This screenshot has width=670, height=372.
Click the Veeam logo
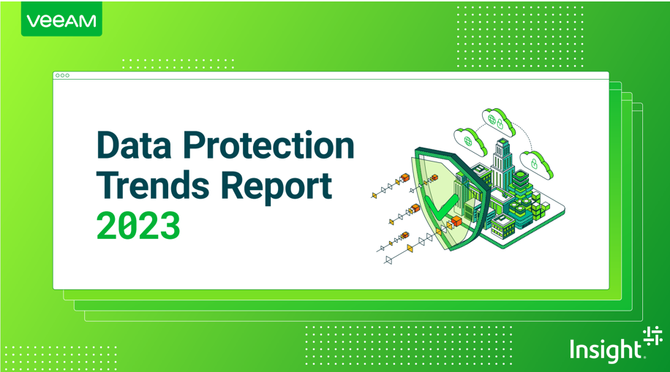coord(61,20)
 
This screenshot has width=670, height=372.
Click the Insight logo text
coord(605,349)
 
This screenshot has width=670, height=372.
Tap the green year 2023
coord(138,226)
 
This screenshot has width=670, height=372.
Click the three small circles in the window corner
coord(62,75)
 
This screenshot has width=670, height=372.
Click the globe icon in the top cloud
coord(493,116)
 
